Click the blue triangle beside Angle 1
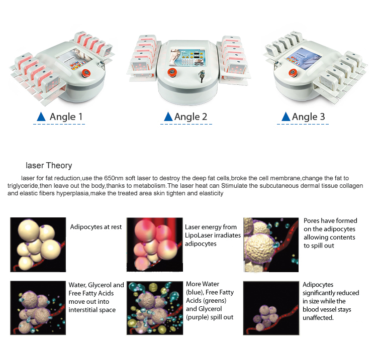pos(41,116)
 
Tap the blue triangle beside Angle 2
pos(168,116)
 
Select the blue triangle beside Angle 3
pos(286,116)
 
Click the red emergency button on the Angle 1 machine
pos(85,73)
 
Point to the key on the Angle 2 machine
pos(202,76)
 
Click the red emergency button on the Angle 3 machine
pos(293,72)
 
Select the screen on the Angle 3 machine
pos(304,59)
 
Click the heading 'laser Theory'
pos(49,166)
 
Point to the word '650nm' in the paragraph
pos(114,178)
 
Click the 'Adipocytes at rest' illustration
pos(38,245)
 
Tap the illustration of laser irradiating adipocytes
pos(155,245)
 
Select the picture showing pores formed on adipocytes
pos(271,245)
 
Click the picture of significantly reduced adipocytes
pos(271,308)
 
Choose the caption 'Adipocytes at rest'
pos(96,227)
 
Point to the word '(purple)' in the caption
pos(197,317)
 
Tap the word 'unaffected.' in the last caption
pos(318,318)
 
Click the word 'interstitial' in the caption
pos(82,310)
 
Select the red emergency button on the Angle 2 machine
pos(172,72)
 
